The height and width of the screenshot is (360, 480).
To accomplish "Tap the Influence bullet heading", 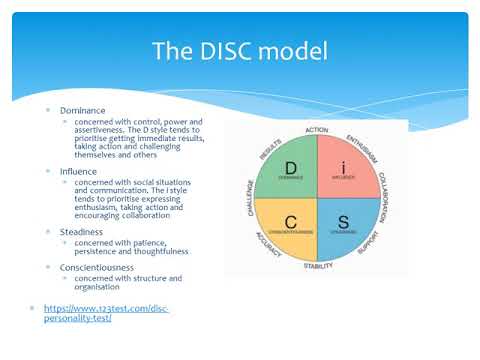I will [78, 171].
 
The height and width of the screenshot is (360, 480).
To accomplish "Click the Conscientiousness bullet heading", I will [96, 267].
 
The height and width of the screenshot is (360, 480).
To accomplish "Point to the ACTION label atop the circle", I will [316, 130].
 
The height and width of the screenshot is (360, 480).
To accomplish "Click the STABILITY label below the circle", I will [318, 266].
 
